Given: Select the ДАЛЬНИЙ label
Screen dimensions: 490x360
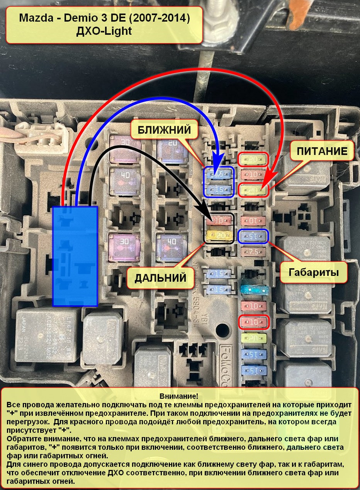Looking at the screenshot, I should point(160,277).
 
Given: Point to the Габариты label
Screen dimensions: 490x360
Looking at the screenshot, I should point(314,272).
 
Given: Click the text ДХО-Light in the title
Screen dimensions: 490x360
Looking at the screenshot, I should point(104,31).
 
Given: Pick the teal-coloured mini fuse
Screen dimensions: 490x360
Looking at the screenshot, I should point(253,289).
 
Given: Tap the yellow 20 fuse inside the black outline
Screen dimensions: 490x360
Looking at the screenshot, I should point(218,235).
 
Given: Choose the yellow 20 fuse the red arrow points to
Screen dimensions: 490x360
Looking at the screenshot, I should point(253,190).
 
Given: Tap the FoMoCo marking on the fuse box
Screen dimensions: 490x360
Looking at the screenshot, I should point(225,361).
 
